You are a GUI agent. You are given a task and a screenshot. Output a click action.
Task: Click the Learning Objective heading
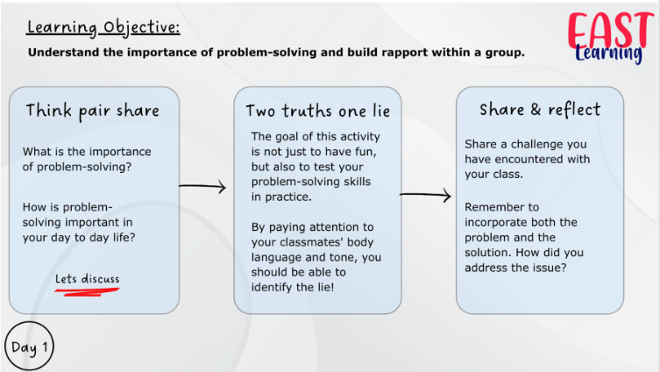coord(103,27)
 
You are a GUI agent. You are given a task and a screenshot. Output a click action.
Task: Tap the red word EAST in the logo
coord(610,30)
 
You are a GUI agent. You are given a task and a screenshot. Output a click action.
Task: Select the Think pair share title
coord(93,111)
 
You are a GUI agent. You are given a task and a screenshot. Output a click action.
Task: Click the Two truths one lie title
coord(318,111)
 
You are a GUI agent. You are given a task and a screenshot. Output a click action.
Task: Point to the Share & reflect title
coord(540,110)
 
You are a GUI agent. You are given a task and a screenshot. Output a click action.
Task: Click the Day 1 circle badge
coord(30,347)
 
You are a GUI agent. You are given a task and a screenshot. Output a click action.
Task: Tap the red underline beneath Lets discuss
coord(87,291)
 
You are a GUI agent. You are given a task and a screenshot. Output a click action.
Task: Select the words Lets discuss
coord(88,279)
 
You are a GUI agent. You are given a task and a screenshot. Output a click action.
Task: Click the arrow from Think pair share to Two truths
coord(202,186)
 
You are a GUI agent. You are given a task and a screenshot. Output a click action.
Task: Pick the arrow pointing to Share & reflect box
coord(425,195)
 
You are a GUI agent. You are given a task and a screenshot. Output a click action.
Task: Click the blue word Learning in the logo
coord(608,54)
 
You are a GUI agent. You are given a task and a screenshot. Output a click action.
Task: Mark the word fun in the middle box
coord(366,152)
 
